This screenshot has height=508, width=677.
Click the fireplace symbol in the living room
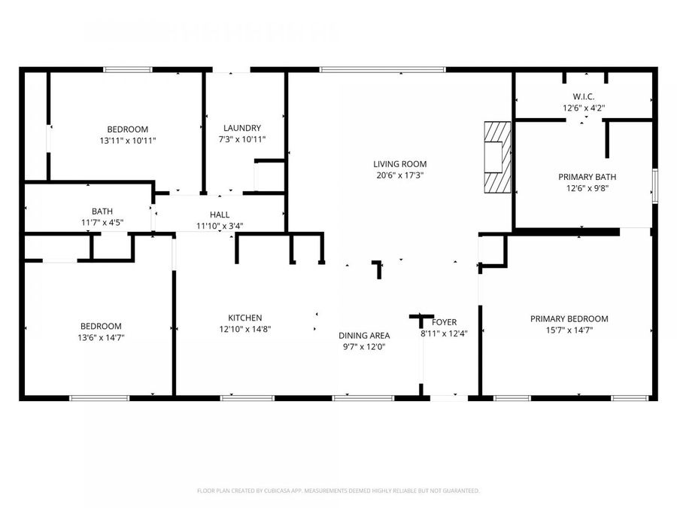pyautogui.click(x=497, y=158)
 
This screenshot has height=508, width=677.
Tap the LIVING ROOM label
pyautogui.click(x=399, y=164)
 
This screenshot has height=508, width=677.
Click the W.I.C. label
pyautogui.click(x=584, y=97)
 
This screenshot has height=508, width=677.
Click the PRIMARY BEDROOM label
pyautogui.click(x=569, y=319)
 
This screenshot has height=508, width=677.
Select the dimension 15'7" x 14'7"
pyautogui.click(x=569, y=330)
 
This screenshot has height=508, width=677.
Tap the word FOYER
pyautogui.click(x=444, y=323)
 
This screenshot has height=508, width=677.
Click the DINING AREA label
pyautogui.click(x=363, y=336)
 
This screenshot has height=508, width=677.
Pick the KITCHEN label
pyautogui.click(x=245, y=318)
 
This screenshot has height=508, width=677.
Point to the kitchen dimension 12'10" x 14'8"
pyautogui.click(x=245, y=329)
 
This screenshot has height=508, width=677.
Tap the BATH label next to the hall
pyautogui.click(x=102, y=211)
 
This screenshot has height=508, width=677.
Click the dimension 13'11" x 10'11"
pyautogui.click(x=127, y=140)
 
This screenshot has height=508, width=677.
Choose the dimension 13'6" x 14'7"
pyautogui.click(x=102, y=337)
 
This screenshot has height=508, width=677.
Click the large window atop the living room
pyautogui.click(x=382, y=70)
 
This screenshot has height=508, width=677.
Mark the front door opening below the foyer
pyautogui.click(x=449, y=397)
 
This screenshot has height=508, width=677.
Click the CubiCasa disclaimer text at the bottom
pyautogui.click(x=338, y=491)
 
